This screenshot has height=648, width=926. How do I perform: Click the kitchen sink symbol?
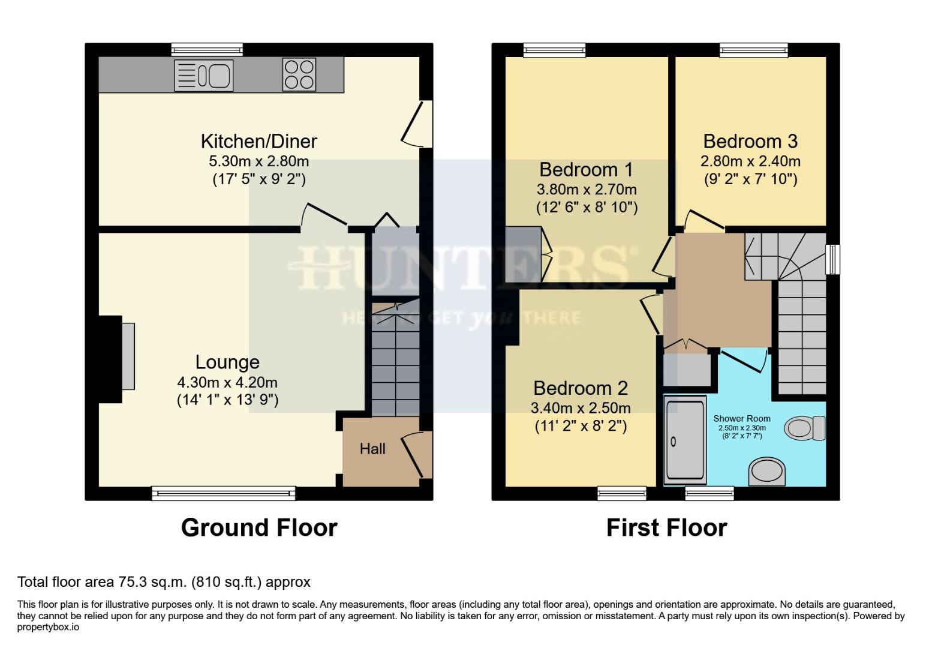point(203,76)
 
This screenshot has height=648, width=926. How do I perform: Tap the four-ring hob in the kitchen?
point(299,75)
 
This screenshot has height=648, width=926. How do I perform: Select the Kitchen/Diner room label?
point(258,142)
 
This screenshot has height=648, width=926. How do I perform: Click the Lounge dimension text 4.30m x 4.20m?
point(227,382)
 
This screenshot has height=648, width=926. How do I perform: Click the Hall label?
point(372,449)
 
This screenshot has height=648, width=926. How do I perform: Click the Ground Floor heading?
point(259,527)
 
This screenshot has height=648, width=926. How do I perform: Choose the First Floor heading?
point(666,527)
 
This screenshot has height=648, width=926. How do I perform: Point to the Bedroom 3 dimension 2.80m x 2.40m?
point(750,161)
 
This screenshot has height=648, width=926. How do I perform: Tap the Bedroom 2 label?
point(580,388)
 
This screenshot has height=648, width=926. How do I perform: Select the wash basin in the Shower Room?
point(767,472)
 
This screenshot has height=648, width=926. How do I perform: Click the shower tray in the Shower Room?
point(686,439)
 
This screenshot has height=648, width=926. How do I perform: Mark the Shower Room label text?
point(741,419)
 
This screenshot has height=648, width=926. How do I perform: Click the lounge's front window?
point(224,493)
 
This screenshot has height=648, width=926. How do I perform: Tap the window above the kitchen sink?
point(207,50)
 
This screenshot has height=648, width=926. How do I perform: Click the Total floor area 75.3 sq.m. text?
point(164,582)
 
